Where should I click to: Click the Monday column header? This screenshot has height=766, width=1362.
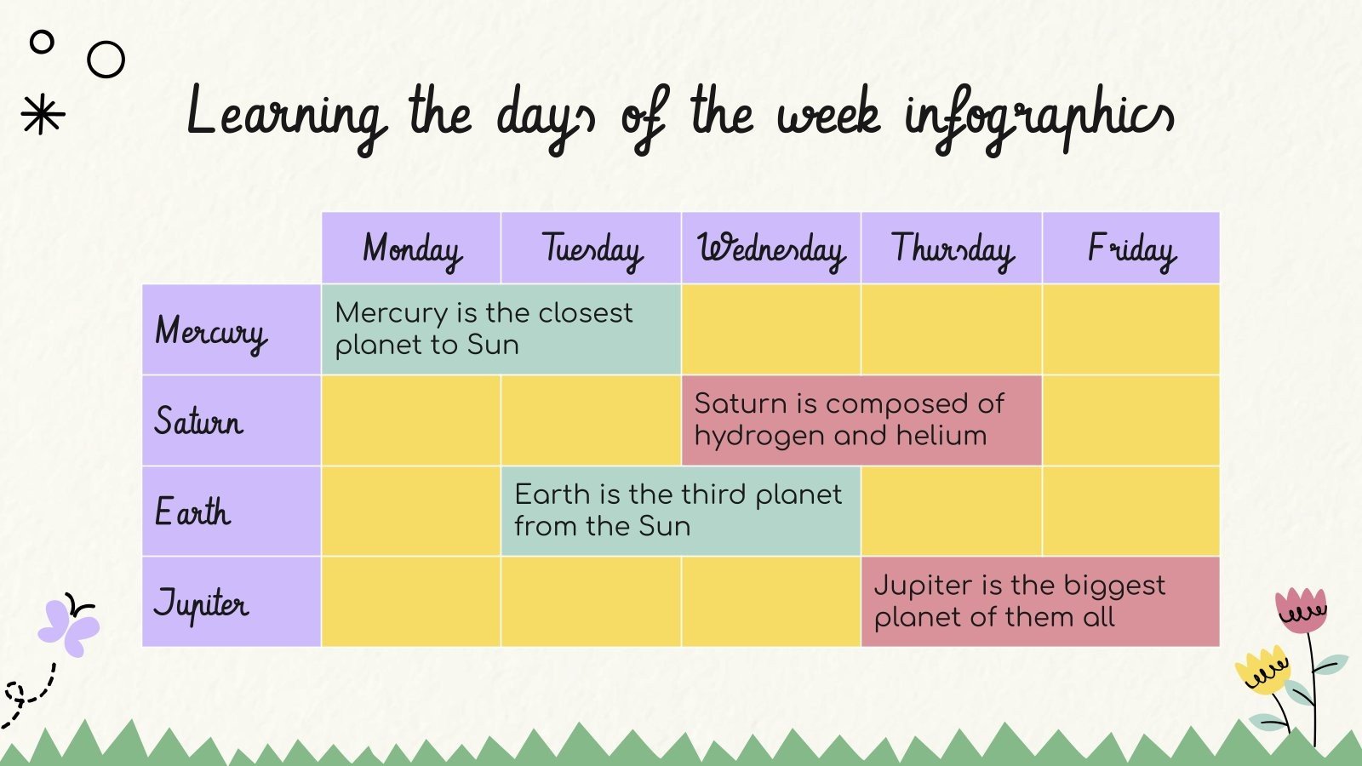click(412, 249)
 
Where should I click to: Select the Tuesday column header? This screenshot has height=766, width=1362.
click(592, 249)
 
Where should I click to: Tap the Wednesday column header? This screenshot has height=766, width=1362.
click(771, 249)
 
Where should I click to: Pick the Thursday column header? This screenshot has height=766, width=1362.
click(952, 249)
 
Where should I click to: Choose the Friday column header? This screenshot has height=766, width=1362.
click(1131, 249)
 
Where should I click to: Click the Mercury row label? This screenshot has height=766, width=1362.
click(211, 331)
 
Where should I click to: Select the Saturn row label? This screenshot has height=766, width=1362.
click(199, 421)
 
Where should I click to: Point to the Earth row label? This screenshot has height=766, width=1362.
click(193, 512)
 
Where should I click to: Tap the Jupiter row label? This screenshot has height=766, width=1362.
click(202, 603)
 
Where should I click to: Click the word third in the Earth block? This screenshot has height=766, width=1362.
click(713, 494)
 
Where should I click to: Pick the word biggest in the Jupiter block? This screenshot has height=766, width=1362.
click(1114, 586)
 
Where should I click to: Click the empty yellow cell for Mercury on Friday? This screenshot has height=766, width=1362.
click(1131, 329)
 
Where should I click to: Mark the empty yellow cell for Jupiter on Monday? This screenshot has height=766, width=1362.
click(411, 602)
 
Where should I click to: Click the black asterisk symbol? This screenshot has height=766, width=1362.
click(43, 114)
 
